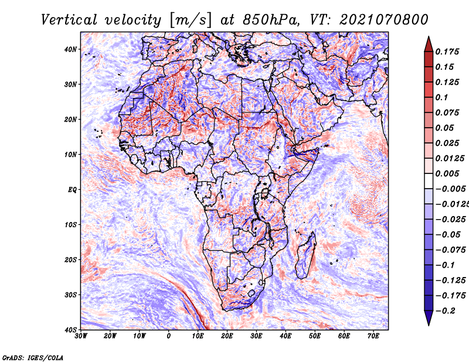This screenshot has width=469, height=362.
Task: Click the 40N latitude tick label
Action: pyautogui.click(x=70, y=49)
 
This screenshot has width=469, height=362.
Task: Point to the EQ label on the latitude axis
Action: pyautogui.click(x=72, y=190)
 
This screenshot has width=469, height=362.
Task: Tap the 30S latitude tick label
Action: pyautogui.click(x=70, y=295)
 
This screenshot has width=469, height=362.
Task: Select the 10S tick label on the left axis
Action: pyautogui.click(x=70, y=224)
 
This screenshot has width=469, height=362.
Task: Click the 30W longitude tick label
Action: pyautogui.click(x=81, y=336)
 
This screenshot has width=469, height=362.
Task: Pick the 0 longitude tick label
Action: pyautogui.click(x=169, y=336)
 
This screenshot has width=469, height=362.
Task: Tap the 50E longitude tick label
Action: pyautogui.click(x=315, y=336)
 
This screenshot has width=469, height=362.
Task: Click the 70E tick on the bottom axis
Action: pyautogui.click(x=373, y=336)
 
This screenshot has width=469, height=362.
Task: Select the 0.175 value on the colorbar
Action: pyautogui.click(x=447, y=52)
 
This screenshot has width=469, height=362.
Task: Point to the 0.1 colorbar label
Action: pyautogui.click(x=442, y=97)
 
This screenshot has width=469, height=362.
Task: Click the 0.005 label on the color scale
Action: pyautogui.click(x=447, y=173)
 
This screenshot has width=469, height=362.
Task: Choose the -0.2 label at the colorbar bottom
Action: pyautogui.click(x=446, y=311)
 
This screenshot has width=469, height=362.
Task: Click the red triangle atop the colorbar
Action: pyautogui.click(x=429, y=45)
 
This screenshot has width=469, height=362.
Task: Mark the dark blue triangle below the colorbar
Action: pyautogui.click(x=429, y=317)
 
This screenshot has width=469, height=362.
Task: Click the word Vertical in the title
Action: pyautogui.click(x=69, y=20)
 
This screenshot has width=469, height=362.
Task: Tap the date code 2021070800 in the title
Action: pyautogui.click(x=384, y=20)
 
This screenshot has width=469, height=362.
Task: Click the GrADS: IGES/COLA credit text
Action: pyautogui.click(x=33, y=358)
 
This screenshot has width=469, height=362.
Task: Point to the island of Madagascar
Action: pyautogui.click(x=306, y=256)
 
